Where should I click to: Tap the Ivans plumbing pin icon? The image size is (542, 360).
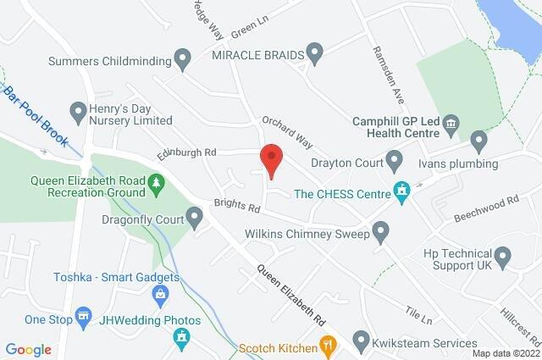point(478,138)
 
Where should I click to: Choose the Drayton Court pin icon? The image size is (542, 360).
point(395,158)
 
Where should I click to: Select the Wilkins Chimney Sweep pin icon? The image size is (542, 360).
point(380,230)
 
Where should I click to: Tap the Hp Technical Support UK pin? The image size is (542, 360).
point(503,255)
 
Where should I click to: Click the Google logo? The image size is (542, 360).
point(28,349)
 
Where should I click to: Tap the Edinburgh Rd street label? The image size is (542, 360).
point(187,153)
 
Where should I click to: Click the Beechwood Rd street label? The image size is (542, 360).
point(489,208)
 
